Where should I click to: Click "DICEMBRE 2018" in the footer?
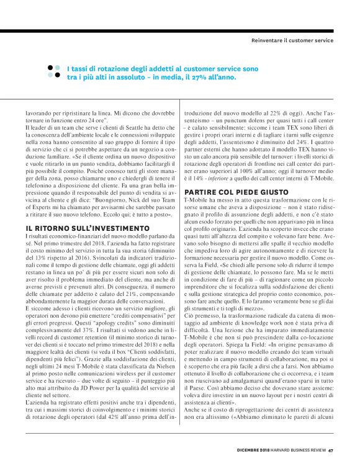point(253,450)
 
